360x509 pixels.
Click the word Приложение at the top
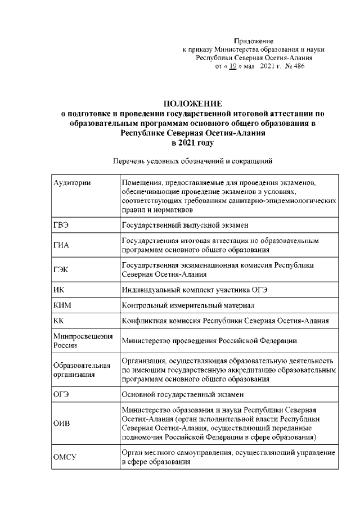coord(253,41)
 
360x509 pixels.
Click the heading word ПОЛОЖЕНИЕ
coord(192,103)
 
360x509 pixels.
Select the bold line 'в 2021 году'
coord(192,143)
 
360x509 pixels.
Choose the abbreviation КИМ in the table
coord(62,305)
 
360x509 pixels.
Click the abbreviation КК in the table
coord(58,321)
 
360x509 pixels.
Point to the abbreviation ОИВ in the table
coord(62,423)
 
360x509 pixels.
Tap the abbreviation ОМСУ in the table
coord(65,457)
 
